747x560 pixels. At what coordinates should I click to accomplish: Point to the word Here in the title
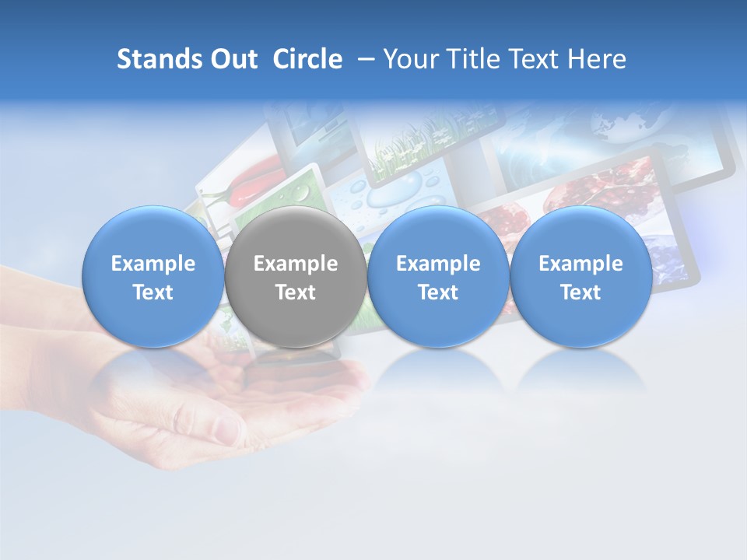point(597,59)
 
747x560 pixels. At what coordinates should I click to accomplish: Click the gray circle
point(296,277)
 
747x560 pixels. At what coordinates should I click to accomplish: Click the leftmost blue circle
point(153,277)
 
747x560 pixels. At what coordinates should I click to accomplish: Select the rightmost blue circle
point(581,277)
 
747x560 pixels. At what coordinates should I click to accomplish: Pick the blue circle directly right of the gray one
point(438,277)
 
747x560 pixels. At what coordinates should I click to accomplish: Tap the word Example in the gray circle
point(296,264)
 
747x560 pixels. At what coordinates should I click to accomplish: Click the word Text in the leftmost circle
point(153,292)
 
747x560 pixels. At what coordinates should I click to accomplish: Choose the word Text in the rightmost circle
point(581,292)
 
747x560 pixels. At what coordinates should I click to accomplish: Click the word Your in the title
point(411,59)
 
